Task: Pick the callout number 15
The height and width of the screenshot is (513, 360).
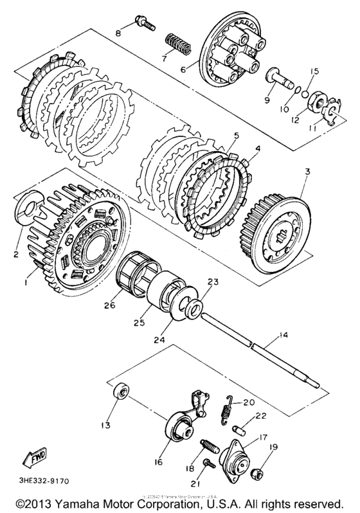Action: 315,71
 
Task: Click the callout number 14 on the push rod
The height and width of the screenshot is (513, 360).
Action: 280,336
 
